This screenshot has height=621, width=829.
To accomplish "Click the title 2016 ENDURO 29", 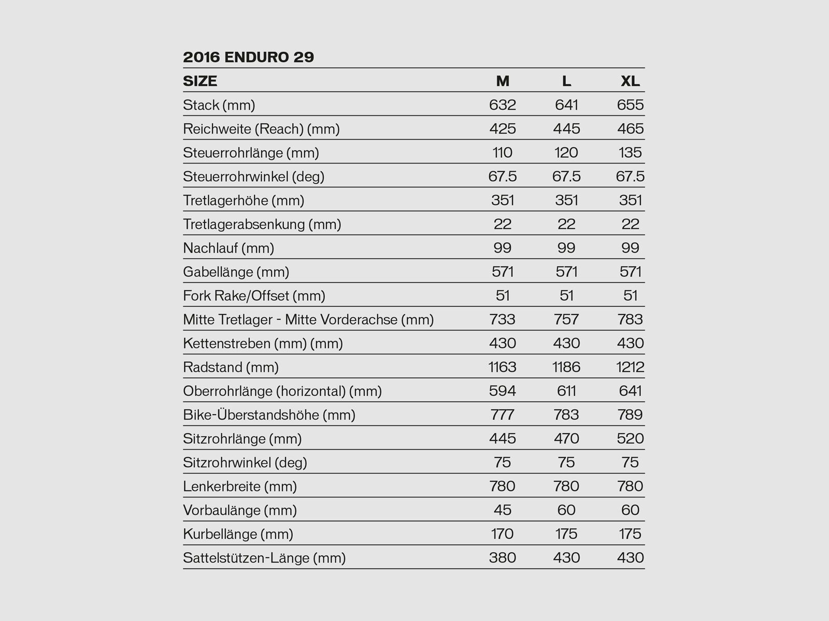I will (x=248, y=57).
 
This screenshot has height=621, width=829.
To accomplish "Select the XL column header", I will (x=630, y=81).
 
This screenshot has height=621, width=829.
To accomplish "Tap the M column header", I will (x=503, y=81).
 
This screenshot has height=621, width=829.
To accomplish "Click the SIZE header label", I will (x=200, y=81).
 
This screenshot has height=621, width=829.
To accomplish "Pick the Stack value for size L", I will (x=566, y=105).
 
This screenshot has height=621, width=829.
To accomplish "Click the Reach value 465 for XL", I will (x=630, y=129).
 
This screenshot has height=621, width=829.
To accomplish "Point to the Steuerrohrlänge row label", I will (x=251, y=153).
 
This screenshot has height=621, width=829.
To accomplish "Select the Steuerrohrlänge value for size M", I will (x=503, y=153).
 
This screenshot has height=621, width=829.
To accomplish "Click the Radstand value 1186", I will (x=566, y=367).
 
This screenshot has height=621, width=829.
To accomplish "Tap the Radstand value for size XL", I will (x=630, y=367).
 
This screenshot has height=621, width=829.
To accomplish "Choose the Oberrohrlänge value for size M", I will (x=503, y=391).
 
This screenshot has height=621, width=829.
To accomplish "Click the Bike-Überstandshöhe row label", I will (x=269, y=415).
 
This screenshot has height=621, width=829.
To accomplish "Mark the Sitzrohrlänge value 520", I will (x=630, y=438).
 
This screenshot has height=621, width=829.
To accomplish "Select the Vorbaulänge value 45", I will (x=503, y=510).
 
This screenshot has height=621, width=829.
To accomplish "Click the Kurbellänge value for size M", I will (x=503, y=534).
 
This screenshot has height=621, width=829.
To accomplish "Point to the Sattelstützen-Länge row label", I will (x=264, y=557).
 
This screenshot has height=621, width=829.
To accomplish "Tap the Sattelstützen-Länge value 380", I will (x=503, y=557).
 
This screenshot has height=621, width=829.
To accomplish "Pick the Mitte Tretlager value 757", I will (x=566, y=319).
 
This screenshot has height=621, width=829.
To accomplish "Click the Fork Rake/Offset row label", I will (x=254, y=295).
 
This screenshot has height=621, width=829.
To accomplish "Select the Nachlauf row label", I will (x=228, y=248).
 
